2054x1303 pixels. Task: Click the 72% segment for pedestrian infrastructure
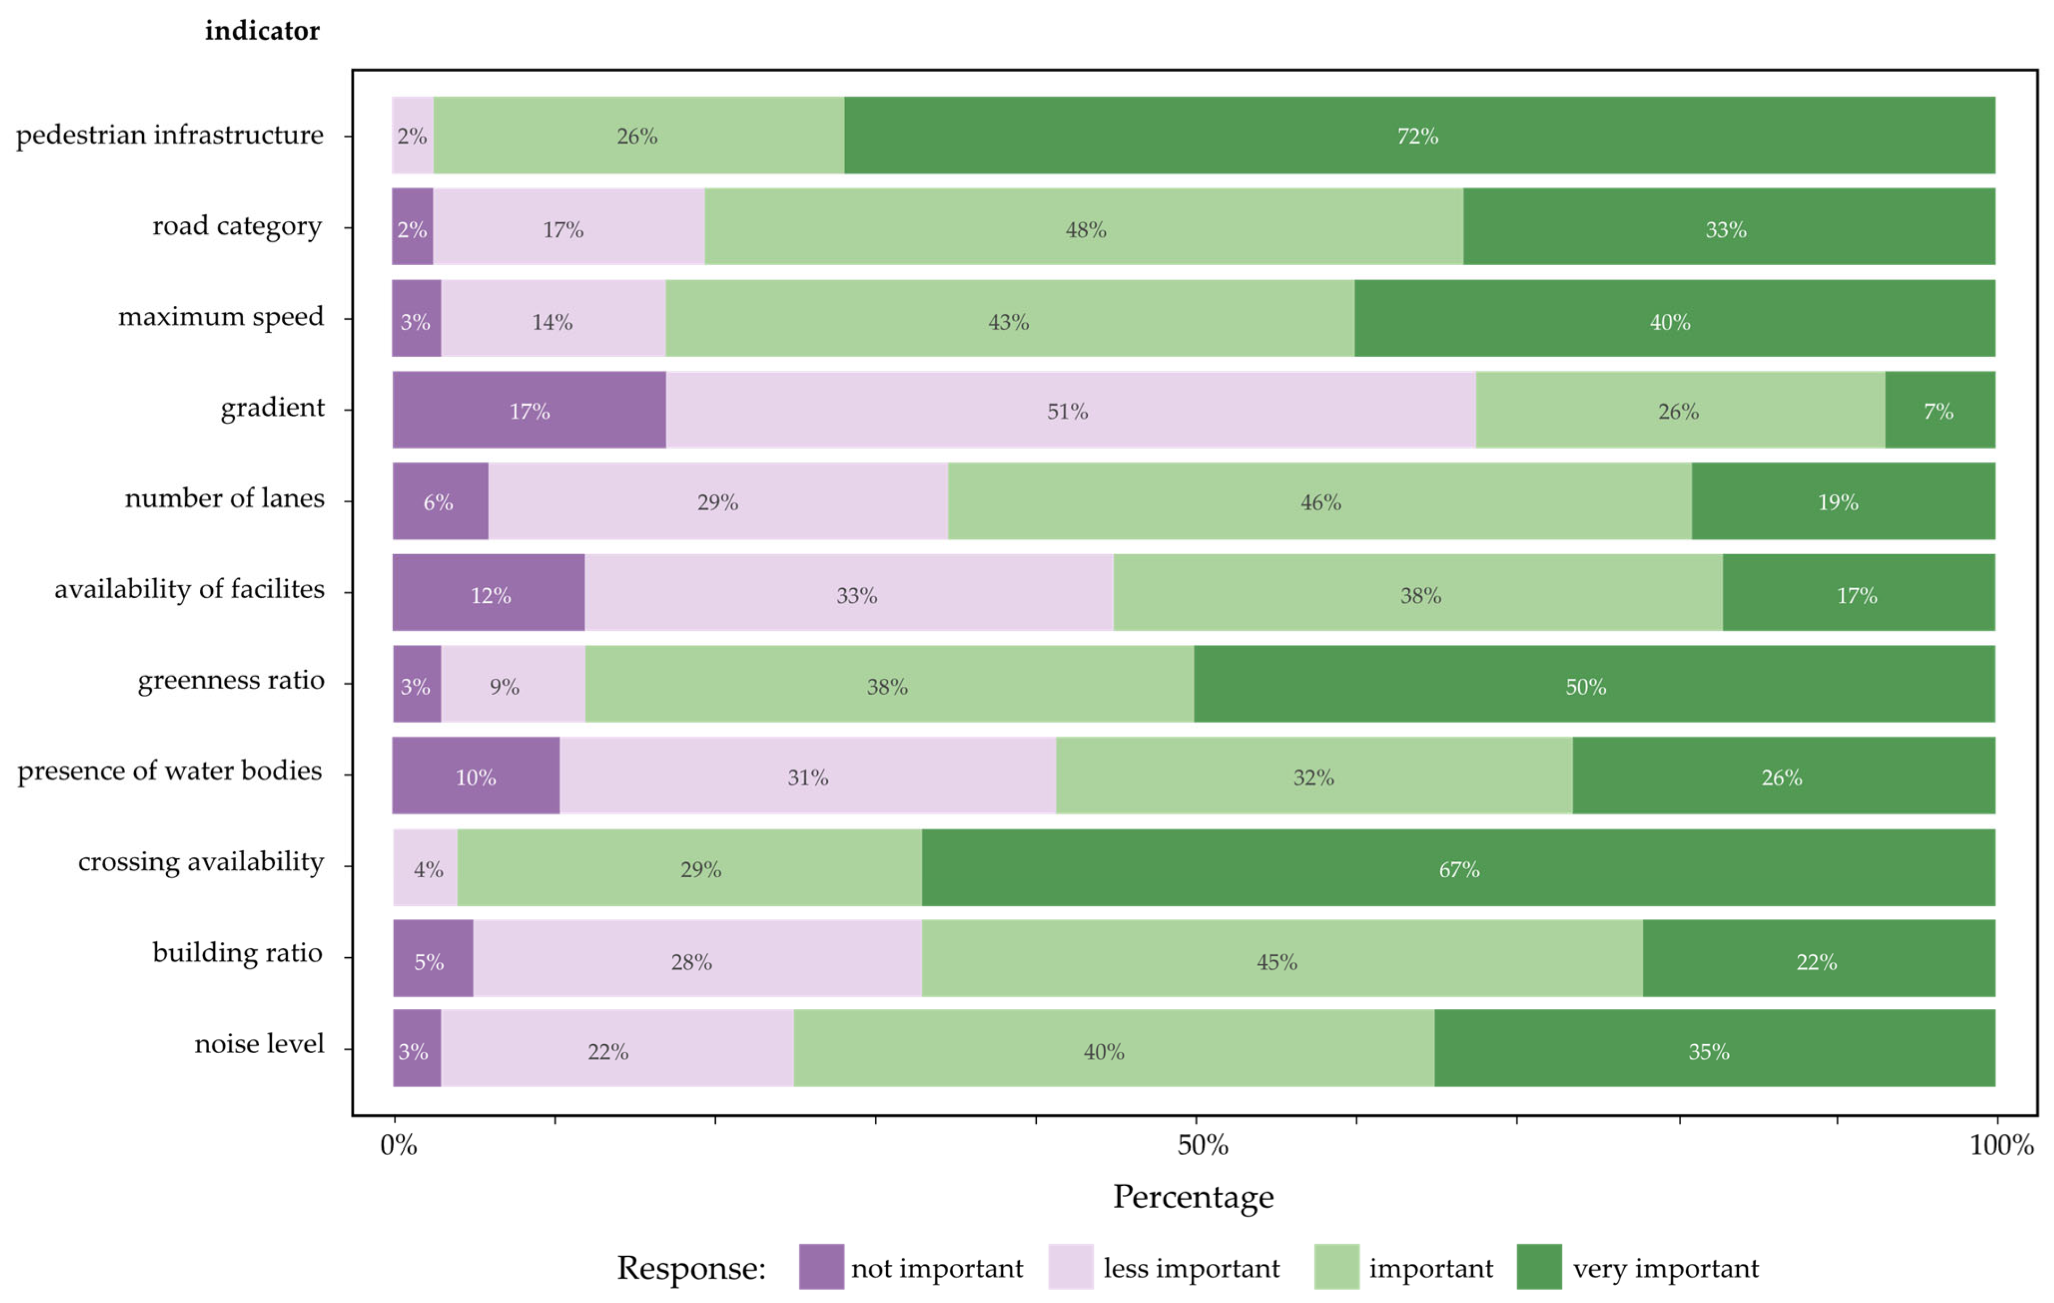tap(1418, 136)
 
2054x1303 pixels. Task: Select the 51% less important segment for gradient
tap(1070, 410)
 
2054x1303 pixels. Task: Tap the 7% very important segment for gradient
tap(1939, 410)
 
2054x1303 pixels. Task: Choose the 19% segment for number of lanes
tap(1842, 501)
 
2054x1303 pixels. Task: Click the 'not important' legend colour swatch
tap(820, 1267)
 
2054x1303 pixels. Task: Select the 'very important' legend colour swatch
tap(1539, 1267)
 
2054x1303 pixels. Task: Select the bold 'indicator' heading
tap(262, 31)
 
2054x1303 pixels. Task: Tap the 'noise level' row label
tap(259, 1044)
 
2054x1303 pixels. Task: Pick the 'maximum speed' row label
tap(221, 317)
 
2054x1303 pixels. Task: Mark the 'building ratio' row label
tap(237, 952)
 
